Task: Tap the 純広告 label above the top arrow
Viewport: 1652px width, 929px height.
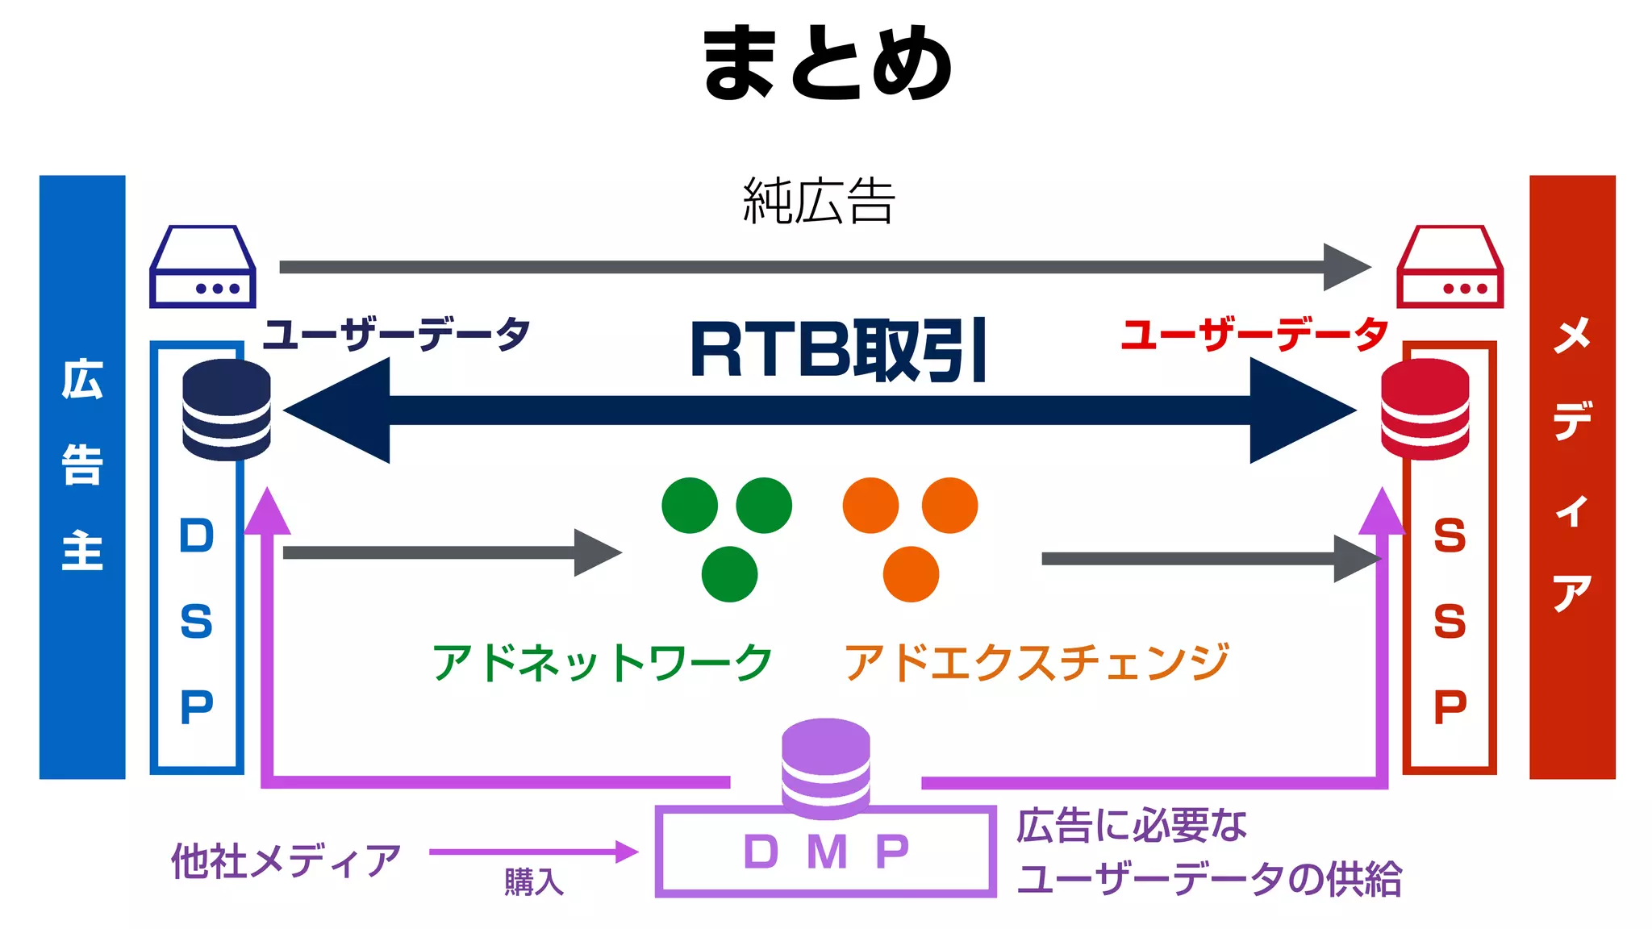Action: (819, 201)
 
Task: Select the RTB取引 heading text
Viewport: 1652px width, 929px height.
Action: (839, 351)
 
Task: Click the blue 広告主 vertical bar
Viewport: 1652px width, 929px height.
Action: (82, 477)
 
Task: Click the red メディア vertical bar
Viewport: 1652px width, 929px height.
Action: (1572, 477)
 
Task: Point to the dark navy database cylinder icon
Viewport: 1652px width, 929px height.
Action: (227, 410)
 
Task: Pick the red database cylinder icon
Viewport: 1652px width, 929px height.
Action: (1425, 410)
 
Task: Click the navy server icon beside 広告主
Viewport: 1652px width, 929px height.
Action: (202, 267)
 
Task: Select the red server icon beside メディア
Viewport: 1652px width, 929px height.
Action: (1450, 267)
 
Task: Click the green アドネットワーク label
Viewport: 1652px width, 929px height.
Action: (602, 663)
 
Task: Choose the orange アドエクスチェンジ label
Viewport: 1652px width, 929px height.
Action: (1037, 663)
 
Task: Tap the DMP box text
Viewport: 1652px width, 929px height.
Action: (826, 852)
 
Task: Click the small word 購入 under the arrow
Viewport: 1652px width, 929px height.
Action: (534, 882)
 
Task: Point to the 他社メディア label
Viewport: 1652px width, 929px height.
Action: (286, 861)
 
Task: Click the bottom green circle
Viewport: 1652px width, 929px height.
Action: (729, 574)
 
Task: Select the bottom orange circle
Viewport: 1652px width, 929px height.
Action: (911, 574)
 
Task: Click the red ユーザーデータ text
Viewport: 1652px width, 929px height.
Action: (1254, 335)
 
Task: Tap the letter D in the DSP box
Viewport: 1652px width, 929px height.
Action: (197, 536)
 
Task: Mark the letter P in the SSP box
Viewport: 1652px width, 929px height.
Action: (1450, 707)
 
